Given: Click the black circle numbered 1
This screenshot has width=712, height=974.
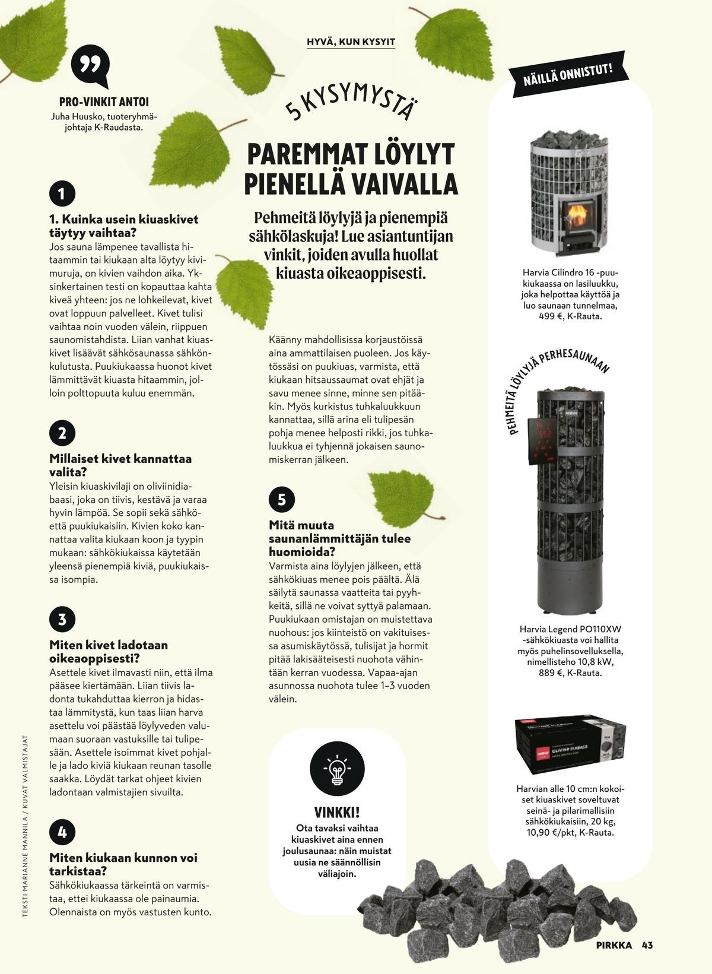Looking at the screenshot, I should coord(62,193).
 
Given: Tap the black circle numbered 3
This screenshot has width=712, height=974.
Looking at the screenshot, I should coord(62,620).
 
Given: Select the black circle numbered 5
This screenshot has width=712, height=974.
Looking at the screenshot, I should coord(281,500).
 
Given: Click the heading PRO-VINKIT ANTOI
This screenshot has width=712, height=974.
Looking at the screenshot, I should coord(104,102).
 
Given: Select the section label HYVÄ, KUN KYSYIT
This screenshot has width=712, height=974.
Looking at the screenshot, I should coord(351,42).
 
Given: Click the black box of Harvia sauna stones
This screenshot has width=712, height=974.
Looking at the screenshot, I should coord(570,745).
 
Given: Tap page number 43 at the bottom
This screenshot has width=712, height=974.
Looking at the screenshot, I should coord(647,945).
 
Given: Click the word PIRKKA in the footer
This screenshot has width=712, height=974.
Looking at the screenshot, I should coord(614,945).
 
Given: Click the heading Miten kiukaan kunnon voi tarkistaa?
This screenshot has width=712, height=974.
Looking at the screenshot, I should coord(123,864).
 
